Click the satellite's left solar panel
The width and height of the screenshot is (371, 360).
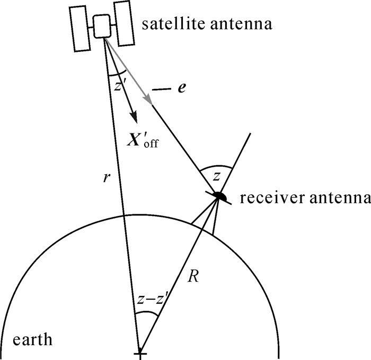tap(82, 29)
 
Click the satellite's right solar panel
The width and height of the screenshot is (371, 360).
tap(123, 23)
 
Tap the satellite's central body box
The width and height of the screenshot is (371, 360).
tap(102, 26)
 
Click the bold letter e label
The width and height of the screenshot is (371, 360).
tap(182, 88)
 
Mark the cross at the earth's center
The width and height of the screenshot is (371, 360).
tap(140, 353)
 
